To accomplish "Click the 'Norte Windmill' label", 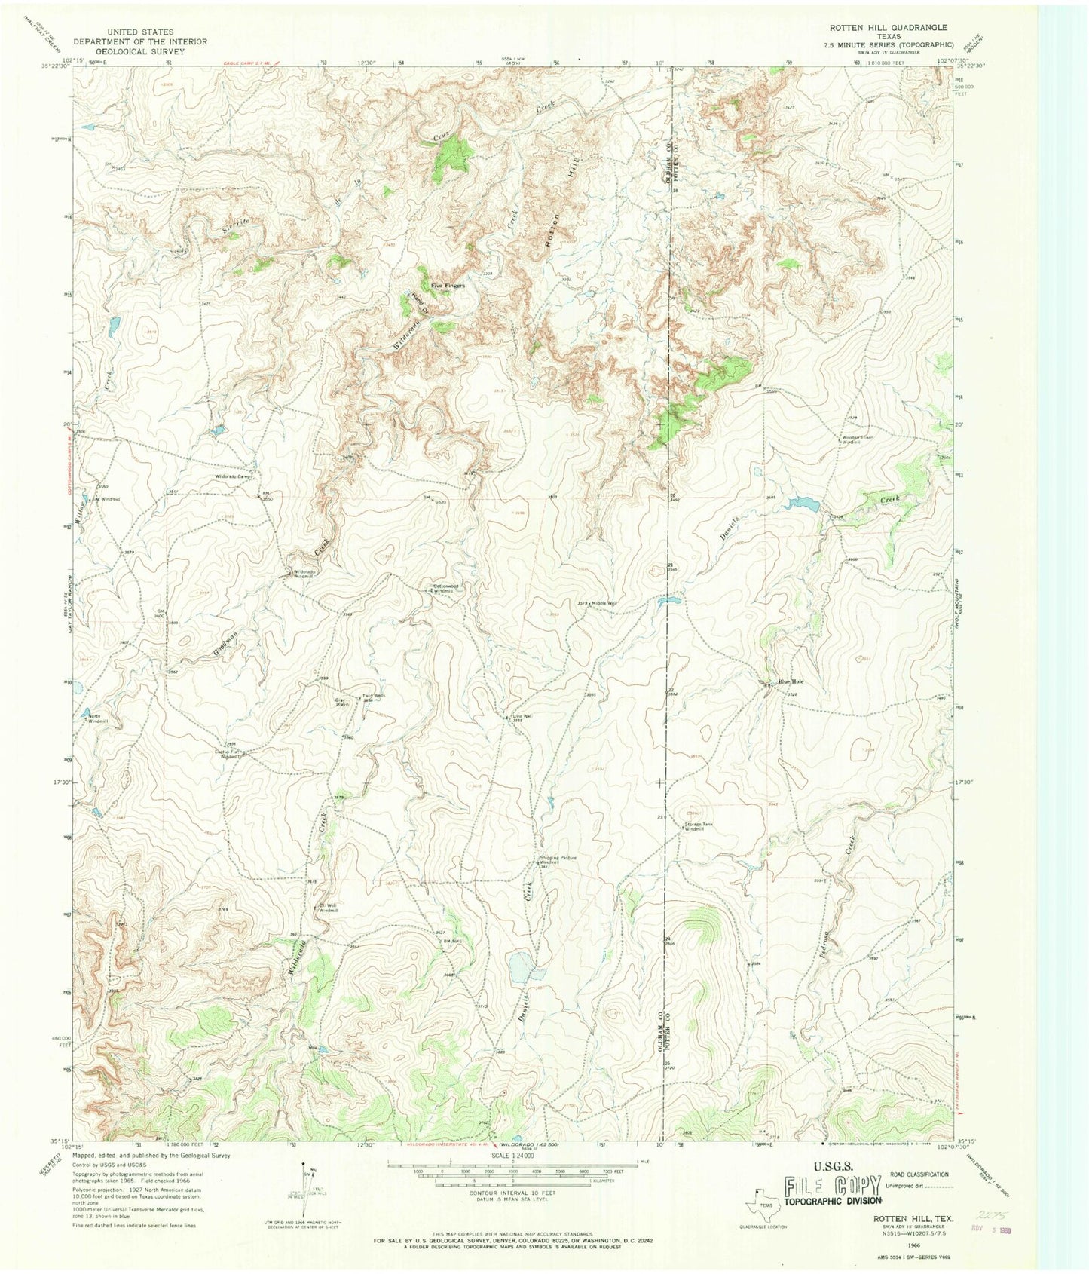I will (x=98, y=718).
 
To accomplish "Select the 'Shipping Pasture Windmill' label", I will (x=558, y=860).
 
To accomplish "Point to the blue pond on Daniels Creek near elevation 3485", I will (x=802, y=503).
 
